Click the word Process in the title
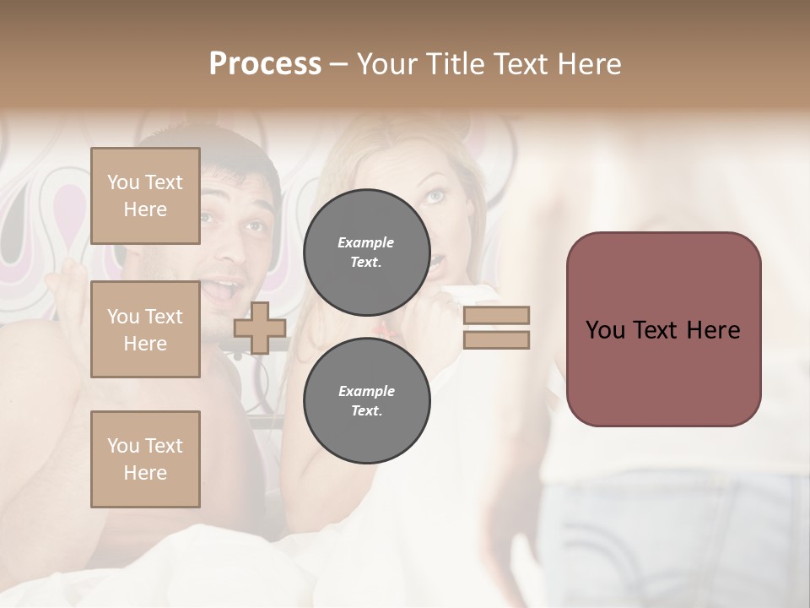pyautogui.click(x=265, y=63)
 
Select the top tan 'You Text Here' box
pyautogui.click(x=145, y=196)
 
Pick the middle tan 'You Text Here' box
pyautogui.click(x=145, y=329)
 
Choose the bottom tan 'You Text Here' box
pyautogui.click(x=145, y=459)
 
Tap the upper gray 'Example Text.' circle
pyautogui.click(x=366, y=252)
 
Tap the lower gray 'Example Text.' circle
pyautogui.click(x=366, y=400)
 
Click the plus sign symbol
pyautogui.click(x=260, y=328)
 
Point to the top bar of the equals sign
pyautogui.click(x=496, y=315)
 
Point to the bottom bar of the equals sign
pyautogui.click(x=496, y=340)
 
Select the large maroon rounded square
pyautogui.click(x=663, y=328)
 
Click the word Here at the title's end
pyautogui.click(x=590, y=63)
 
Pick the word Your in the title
pyautogui.click(x=389, y=63)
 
